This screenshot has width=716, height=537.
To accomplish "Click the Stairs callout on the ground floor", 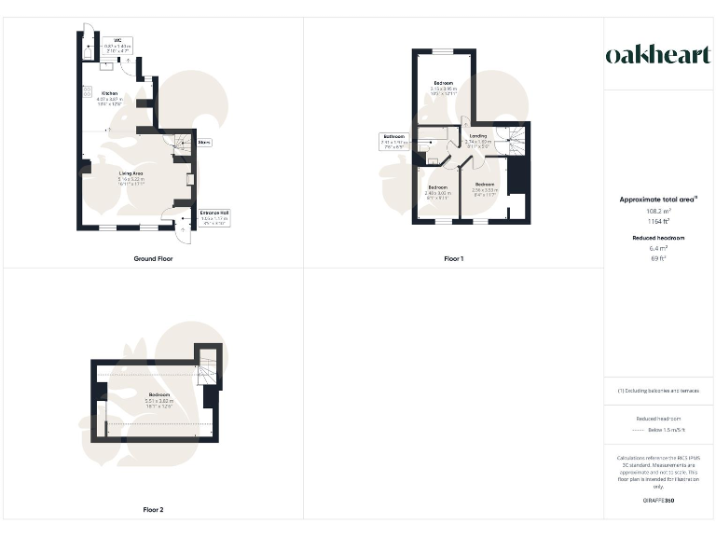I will (204, 143).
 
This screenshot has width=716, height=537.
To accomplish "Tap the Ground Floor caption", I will (152, 258).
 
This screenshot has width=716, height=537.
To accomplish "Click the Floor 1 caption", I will (456, 258).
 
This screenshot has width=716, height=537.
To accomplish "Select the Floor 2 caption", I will (153, 510).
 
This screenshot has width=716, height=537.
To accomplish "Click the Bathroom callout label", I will (392, 142).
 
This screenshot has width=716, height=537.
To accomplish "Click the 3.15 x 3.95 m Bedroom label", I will (442, 88).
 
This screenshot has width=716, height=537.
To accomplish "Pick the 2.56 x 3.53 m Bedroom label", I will (486, 188).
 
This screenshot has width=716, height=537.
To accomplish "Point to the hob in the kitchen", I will (86, 91).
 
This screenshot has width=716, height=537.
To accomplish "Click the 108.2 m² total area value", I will (658, 212).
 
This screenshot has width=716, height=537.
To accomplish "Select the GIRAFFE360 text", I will (658, 502).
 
